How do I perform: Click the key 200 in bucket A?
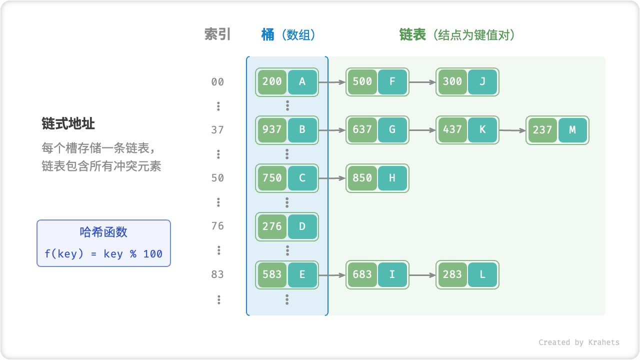pos(272,82)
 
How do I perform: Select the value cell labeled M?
pos(572,130)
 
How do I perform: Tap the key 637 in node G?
pos(362,130)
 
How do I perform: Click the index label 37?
pos(217,130)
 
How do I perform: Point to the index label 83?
pos(217,274)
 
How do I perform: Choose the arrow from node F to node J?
pos(422,82)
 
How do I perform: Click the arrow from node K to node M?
pos(512,130)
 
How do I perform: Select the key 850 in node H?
pos(362,178)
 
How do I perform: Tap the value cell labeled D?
pos(302,226)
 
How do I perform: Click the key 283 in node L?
pos(452,274)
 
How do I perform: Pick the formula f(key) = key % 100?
pos(103,254)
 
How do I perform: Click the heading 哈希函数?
pos(103,232)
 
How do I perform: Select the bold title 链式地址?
pos(68,123)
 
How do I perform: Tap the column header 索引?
pos(217,34)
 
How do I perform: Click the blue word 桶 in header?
pos(268,34)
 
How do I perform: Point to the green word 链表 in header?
pos(412,34)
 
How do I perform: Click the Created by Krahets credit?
pos(578,342)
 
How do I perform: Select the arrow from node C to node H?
pos(332,178)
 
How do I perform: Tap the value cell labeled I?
pos(392,274)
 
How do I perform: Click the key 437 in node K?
pos(452,130)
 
